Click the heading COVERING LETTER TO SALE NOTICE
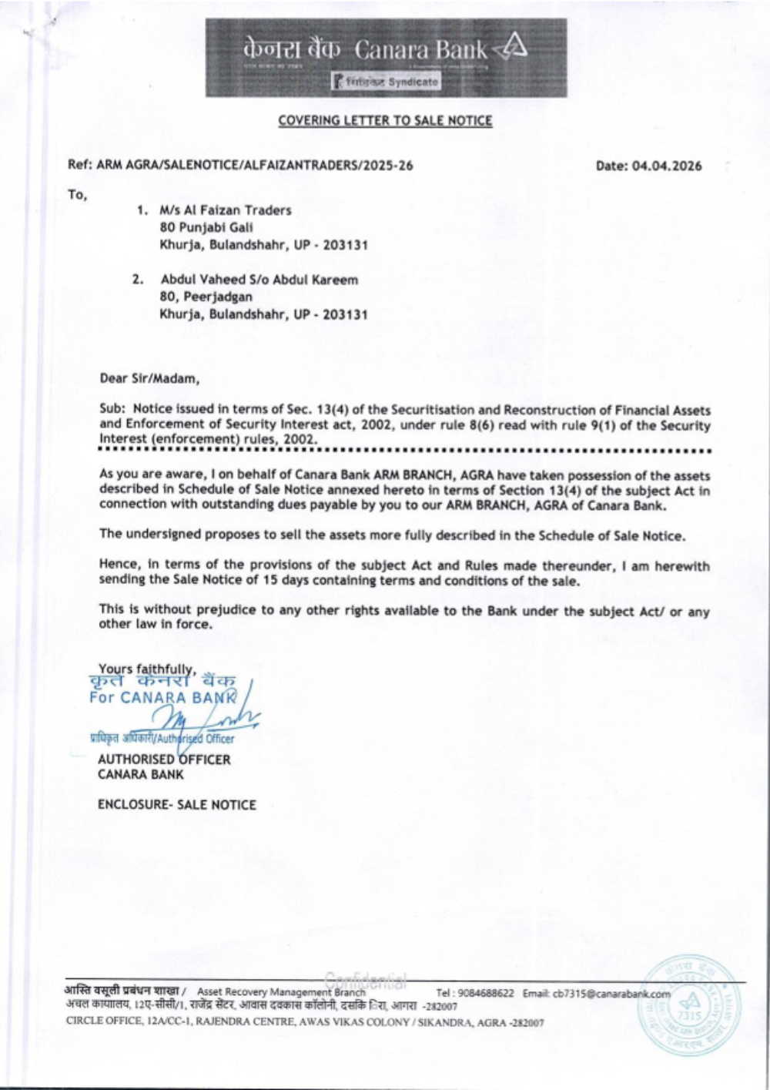385,120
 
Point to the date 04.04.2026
667,166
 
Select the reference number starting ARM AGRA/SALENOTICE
254,166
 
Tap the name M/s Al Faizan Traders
226,210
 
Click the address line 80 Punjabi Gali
206,227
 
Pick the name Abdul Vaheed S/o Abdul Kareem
259,280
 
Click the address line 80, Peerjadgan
206,297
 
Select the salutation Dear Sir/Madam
149,378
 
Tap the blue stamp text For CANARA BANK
162,698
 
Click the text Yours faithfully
147,669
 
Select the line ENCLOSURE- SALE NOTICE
177,805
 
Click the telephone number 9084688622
485,993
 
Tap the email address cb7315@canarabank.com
611,994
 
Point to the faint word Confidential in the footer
366,981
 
